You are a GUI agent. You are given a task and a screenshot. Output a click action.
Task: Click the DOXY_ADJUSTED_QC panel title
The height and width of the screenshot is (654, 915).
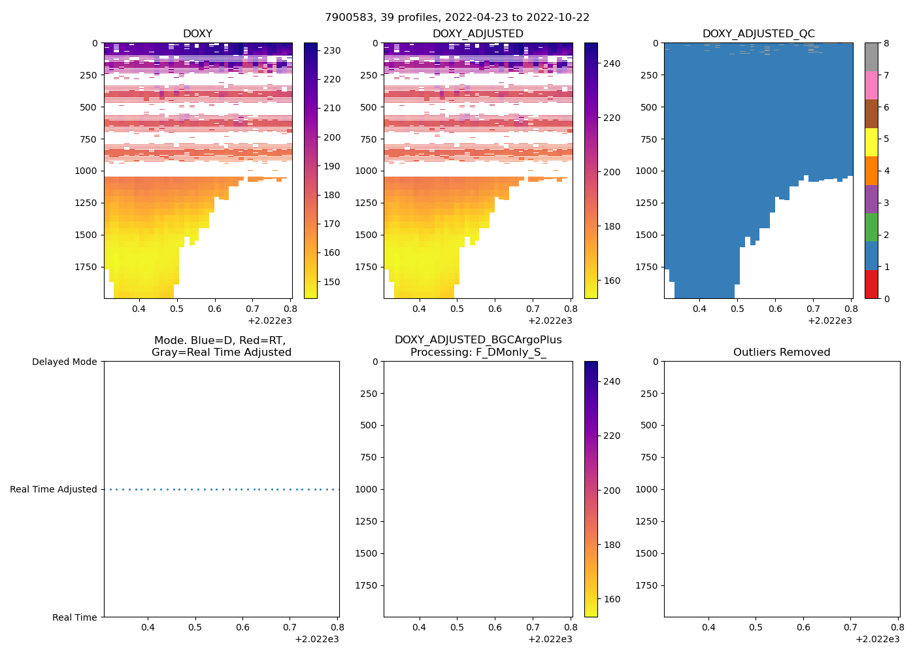(758, 34)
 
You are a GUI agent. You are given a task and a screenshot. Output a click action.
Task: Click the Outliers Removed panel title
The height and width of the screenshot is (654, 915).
(782, 353)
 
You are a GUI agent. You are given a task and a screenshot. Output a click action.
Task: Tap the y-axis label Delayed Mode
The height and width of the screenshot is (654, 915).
(64, 362)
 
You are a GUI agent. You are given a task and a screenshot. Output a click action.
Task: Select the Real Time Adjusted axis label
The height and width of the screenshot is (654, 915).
(54, 489)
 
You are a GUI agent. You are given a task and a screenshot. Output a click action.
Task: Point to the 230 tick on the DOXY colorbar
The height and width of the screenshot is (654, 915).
(332, 50)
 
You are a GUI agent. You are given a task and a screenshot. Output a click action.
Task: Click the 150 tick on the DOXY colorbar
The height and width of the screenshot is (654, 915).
(332, 282)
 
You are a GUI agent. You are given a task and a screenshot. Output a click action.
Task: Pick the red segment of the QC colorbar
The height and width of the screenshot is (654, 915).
(871, 284)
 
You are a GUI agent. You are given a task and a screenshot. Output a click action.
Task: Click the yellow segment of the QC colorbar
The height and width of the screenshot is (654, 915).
(871, 142)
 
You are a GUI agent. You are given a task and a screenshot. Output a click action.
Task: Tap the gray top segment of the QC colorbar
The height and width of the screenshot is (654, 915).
(871, 57)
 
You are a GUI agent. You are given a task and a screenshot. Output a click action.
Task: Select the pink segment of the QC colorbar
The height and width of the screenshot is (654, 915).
(871, 85)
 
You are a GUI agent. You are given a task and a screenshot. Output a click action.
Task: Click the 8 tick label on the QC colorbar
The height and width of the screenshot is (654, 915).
(886, 43)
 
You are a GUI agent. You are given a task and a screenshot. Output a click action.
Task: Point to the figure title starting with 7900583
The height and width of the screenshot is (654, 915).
(457, 18)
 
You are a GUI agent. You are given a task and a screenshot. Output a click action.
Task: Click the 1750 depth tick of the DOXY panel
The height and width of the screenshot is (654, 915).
(86, 267)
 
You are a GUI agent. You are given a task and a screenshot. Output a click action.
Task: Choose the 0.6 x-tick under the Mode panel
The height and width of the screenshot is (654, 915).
(242, 627)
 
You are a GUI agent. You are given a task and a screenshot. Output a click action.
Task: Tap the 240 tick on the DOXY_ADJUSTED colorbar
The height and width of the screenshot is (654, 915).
(612, 63)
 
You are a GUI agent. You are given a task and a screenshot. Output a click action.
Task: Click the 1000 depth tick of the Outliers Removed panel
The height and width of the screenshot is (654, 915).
(646, 489)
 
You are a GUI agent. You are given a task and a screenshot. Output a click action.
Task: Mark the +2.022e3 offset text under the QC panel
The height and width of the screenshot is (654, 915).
(830, 320)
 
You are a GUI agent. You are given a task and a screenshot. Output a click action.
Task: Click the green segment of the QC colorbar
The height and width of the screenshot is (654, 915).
(871, 228)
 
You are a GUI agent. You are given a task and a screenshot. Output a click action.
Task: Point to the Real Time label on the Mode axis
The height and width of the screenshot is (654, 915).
(75, 617)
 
